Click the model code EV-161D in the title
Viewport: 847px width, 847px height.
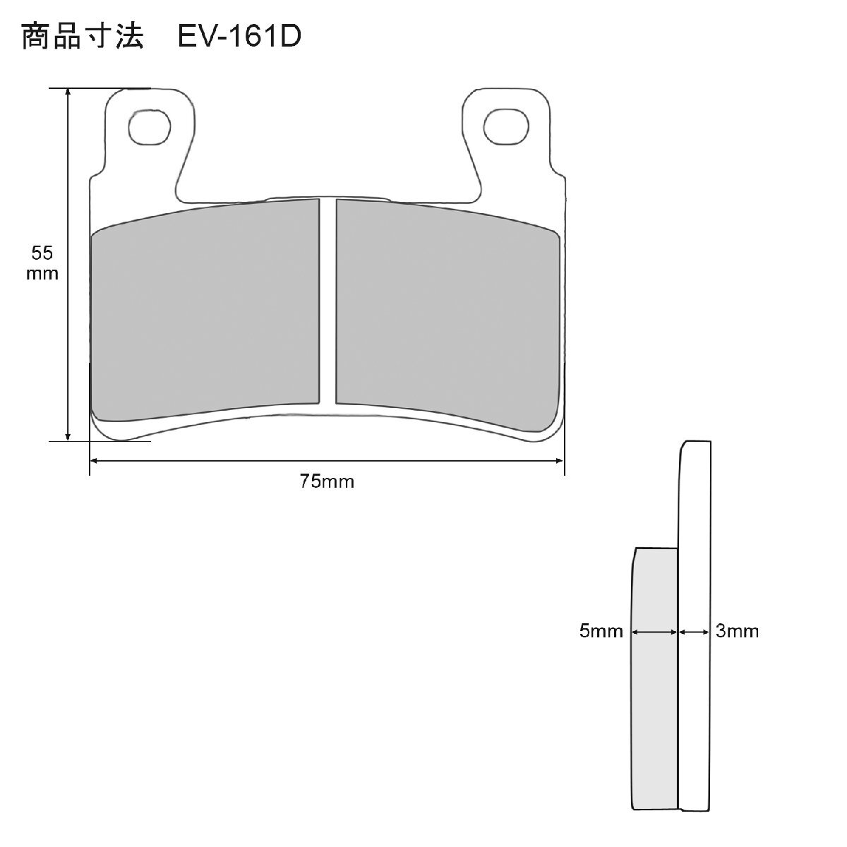pos(239,36)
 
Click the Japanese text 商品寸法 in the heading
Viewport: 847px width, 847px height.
pos(82,36)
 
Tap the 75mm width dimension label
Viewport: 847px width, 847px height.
pos(327,481)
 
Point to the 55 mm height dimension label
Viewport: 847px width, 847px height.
pos(42,263)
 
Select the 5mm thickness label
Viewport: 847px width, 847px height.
pos(601,631)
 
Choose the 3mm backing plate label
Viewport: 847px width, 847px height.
pos(737,631)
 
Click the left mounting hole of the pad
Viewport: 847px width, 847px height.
pos(150,127)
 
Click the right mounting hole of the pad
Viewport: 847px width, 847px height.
pos(506,127)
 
